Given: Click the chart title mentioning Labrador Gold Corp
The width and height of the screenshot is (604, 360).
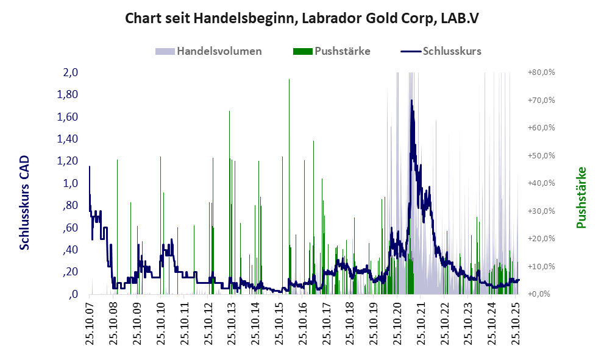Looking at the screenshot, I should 302,18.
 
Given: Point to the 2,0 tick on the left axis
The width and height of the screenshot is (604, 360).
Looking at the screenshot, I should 71,72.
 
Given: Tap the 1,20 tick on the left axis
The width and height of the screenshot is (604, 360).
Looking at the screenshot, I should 68,161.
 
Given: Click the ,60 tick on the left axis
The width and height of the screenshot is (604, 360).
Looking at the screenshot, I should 69,228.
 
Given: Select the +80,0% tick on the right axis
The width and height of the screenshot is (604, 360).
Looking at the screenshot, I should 540,72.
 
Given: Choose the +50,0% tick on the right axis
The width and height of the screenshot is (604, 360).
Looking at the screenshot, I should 540,155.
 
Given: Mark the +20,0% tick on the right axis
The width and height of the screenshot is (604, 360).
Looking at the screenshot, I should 540,238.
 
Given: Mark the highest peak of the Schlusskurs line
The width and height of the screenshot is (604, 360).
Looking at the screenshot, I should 411,101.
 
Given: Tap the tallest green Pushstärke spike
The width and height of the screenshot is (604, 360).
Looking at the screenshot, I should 289,80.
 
